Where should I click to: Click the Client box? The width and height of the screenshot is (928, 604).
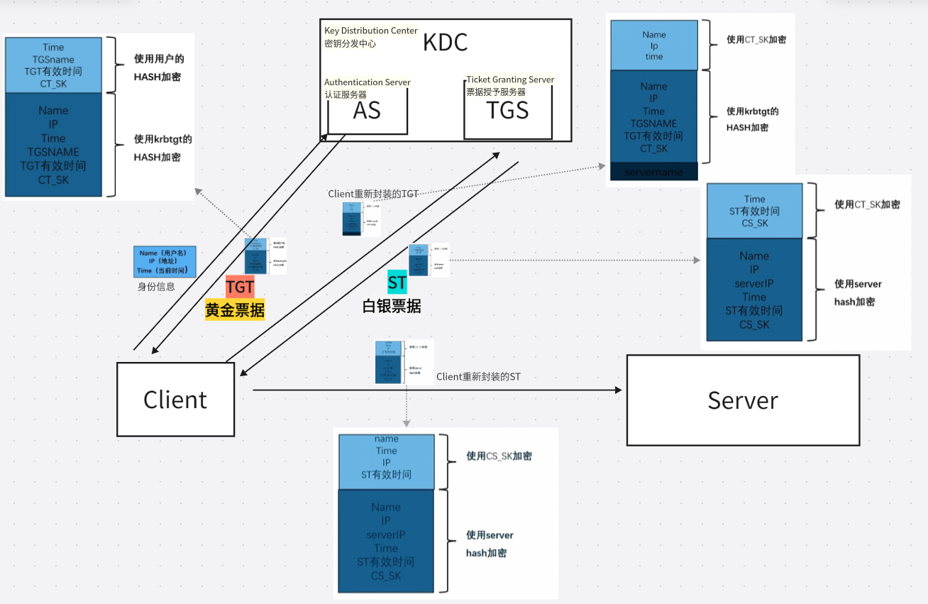175,400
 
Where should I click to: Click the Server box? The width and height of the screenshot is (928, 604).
743,400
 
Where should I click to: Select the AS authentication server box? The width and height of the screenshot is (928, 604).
367,111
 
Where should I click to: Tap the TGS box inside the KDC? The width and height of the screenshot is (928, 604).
507,111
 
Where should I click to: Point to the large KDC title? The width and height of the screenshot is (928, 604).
446,43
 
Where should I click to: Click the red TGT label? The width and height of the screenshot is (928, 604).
240,287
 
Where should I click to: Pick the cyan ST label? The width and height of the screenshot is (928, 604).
397,282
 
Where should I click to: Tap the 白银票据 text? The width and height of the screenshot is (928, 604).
392,307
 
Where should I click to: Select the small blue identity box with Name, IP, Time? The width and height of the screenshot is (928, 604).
164,262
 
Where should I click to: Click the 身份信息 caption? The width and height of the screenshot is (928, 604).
156,287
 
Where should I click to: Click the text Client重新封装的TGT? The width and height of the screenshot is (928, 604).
373,194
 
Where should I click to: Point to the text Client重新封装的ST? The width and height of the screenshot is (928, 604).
478,377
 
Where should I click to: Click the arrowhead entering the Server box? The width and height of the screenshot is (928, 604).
618,390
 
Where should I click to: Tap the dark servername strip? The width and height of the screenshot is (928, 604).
653,172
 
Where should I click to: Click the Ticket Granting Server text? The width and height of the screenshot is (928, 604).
510,79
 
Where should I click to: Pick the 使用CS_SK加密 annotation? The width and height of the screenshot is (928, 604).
499,456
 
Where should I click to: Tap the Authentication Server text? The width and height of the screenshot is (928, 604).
368,82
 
